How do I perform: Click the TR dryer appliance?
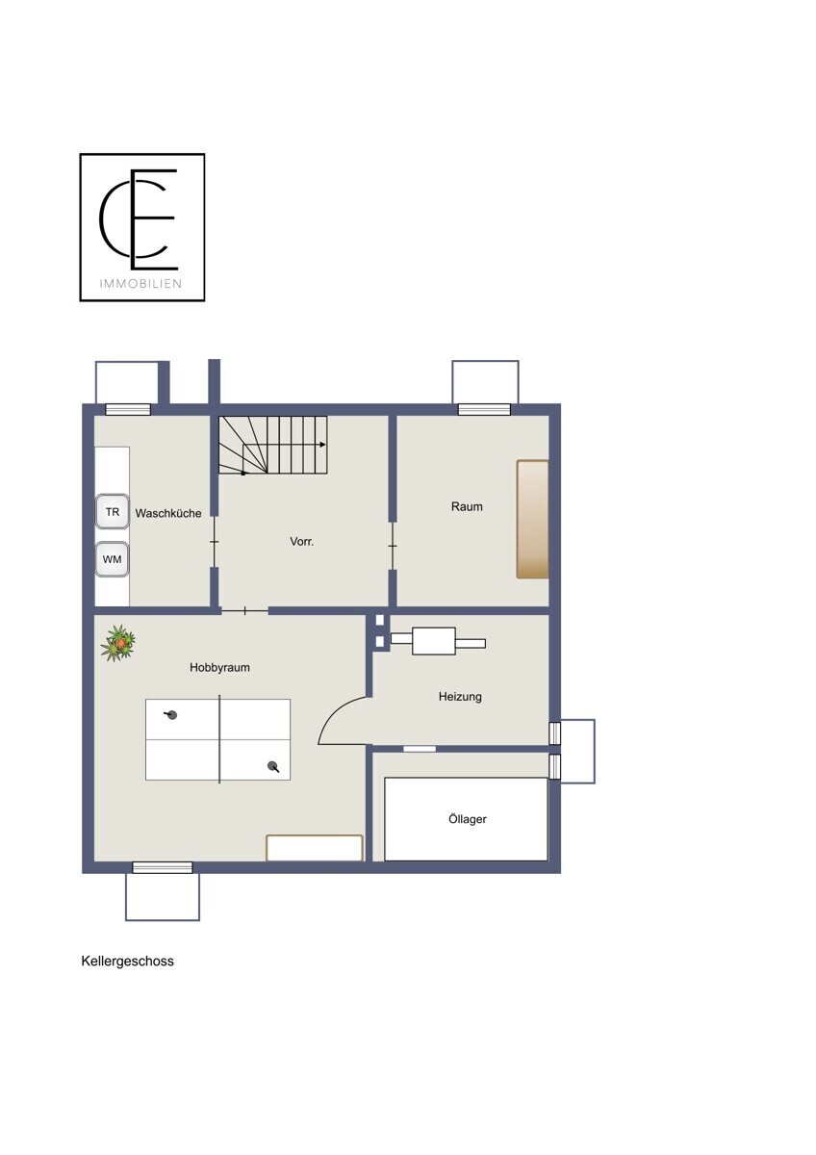[113, 511]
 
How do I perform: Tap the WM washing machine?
[112, 559]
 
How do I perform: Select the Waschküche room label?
[168, 513]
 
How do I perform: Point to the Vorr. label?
[301, 541]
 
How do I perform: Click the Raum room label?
[467, 506]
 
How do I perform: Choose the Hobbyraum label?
[219, 667]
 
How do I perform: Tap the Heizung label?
[460, 697]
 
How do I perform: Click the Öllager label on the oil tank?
[467, 819]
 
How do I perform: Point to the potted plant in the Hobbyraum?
[118, 643]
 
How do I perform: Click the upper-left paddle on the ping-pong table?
[171, 714]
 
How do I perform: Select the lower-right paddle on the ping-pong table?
[273, 766]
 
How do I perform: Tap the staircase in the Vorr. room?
[273, 445]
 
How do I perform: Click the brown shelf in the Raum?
[532, 519]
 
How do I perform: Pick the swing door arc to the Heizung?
[335, 710]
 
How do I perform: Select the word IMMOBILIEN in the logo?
[140, 284]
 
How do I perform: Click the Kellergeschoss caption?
[127, 962]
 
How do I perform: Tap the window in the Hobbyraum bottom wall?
[163, 867]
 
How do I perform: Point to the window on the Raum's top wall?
[484, 409]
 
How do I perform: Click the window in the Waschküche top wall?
[128, 409]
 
